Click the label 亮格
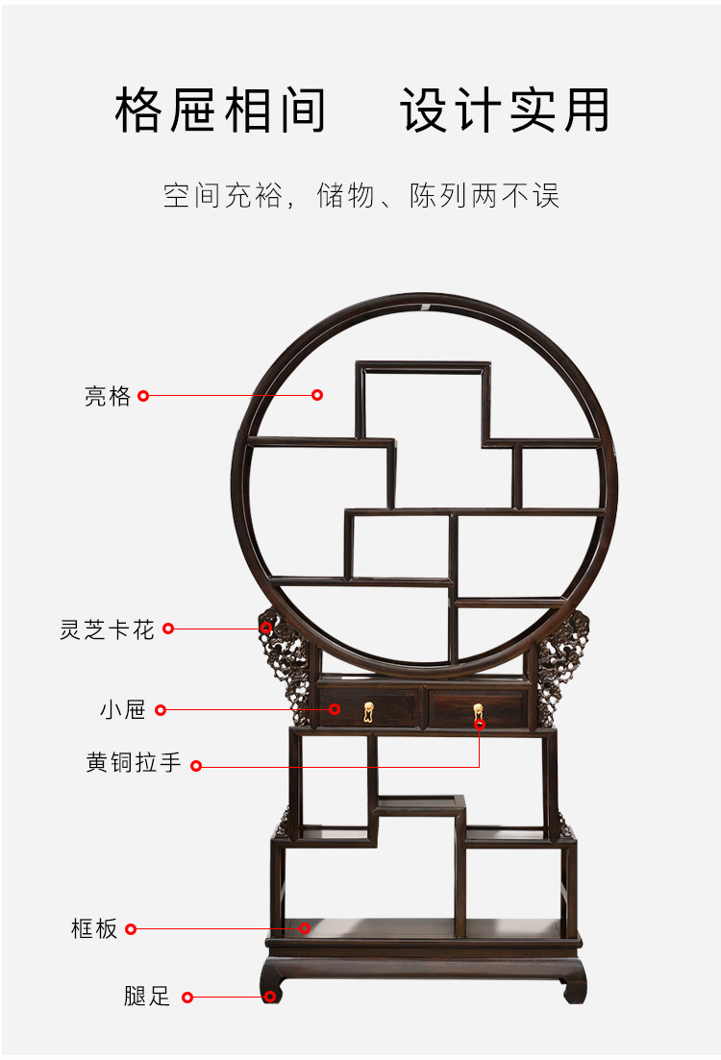coord(107,396)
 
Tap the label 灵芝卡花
coord(107,629)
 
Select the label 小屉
coord(122,710)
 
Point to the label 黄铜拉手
coord(134,764)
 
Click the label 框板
coord(94,928)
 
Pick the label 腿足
coord(147,997)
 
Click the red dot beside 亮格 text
coord(143,395)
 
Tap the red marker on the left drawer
coord(335,709)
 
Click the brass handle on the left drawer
coord(368,712)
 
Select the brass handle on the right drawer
coord(478,712)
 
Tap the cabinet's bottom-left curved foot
coord(272,987)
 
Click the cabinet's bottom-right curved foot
coord(575,987)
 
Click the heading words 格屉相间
coord(221,111)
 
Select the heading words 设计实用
coord(505,111)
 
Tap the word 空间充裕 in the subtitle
coord(223,195)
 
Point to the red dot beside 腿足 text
coord(187,998)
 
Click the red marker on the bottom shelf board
coord(305,927)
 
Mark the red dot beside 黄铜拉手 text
coord(196,766)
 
